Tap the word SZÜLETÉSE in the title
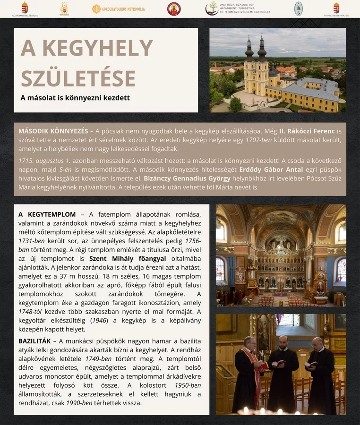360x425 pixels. pyautogui.click(x=78, y=78)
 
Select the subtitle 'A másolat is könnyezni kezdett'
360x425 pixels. pyautogui.click(x=75, y=98)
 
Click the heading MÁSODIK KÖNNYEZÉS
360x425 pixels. pyautogui.click(x=53, y=131)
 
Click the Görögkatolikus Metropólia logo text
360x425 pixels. pyautogui.click(x=123, y=9)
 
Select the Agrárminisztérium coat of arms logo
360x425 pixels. pyautogui.click(x=25, y=7)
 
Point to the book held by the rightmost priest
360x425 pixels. pyautogui.click(x=310, y=364)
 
